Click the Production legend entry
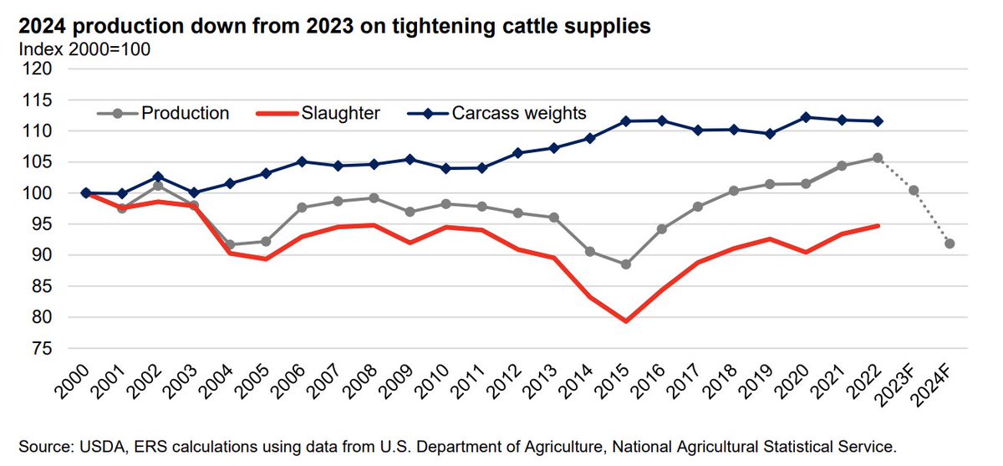click(185, 113)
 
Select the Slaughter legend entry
click(341, 113)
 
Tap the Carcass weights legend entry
click(518, 113)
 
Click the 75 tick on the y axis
click(41, 348)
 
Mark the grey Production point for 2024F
click(950, 243)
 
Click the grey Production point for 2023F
click(914, 191)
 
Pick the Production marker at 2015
click(625, 264)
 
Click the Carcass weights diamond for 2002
click(157, 177)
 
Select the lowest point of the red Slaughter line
click(625, 320)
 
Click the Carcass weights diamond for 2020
click(806, 117)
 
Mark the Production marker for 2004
click(229, 245)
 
